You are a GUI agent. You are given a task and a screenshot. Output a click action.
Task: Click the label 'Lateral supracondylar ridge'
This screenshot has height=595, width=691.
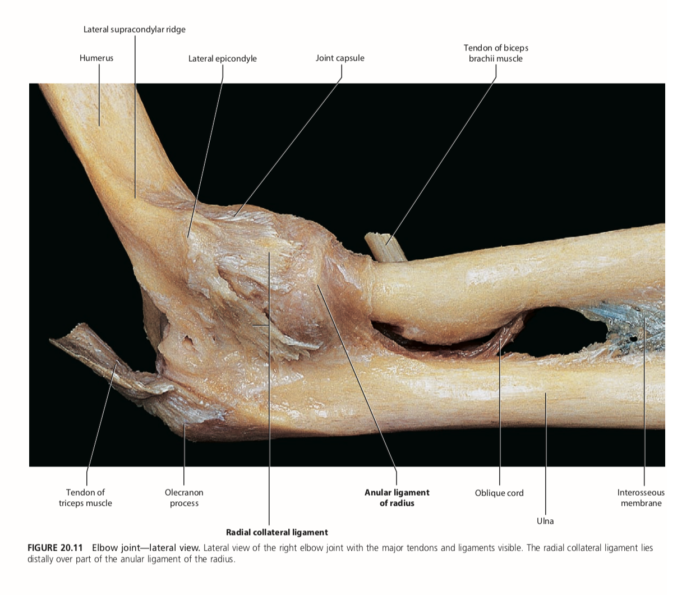(x=134, y=29)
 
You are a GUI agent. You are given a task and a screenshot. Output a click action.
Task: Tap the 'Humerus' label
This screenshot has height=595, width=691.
(x=96, y=58)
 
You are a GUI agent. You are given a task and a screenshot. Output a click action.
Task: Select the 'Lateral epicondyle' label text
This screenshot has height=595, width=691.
(x=222, y=58)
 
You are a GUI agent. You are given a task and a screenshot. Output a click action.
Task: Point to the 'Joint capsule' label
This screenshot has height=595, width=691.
(x=340, y=58)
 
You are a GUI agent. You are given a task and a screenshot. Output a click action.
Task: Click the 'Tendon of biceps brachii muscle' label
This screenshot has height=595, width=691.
(x=496, y=53)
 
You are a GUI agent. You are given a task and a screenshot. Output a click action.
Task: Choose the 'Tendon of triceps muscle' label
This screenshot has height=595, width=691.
(x=85, y=498)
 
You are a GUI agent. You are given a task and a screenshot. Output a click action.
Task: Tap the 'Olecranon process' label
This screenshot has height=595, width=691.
(x=184, y=498)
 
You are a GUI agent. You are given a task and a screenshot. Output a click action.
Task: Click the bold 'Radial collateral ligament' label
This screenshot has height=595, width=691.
(x=277, y=532)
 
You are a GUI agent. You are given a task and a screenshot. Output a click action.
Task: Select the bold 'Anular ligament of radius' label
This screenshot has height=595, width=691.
(x=397, y=498)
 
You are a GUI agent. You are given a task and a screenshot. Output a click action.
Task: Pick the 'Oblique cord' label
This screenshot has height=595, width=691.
(x=499, y=493)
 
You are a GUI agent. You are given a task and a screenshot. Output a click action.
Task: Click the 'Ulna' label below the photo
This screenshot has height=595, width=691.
(x=545, y=521)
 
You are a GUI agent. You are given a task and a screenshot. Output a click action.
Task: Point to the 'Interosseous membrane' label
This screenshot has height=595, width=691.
(x=641, y=498)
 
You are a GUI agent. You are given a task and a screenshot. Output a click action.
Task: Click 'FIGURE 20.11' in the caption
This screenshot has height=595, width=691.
(x=55, y=548)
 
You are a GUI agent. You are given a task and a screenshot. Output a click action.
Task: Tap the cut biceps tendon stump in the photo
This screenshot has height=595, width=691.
(x=386, y=247)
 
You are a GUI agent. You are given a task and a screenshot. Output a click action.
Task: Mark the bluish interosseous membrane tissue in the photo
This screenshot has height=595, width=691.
(x=623, y=320)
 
